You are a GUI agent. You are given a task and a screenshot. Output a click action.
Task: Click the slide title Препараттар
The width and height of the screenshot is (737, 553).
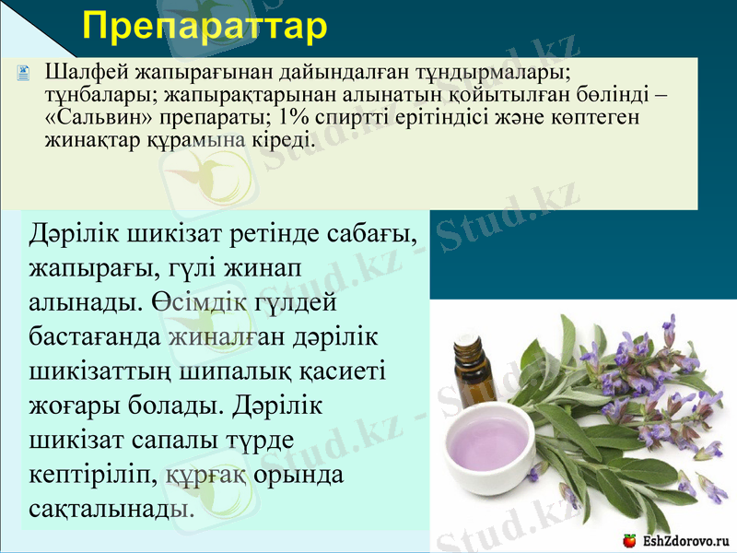click(x=205, y=26)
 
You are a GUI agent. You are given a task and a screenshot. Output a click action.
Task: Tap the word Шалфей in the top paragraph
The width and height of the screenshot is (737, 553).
click(x=76, y=71)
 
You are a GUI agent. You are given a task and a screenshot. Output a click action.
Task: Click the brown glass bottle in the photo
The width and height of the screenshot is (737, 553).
click(x=470, y=373)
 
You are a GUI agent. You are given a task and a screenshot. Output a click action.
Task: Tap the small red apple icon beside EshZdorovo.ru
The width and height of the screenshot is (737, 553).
click(x=629, y=539)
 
